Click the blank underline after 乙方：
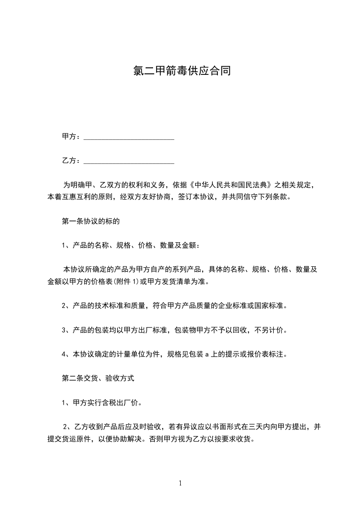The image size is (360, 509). click(x=129, y=161)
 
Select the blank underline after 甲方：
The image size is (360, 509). click(x=129, y=137)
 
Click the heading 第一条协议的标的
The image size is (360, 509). click(x=90, y=222)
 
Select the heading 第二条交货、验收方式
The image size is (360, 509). click(x=98, y=377)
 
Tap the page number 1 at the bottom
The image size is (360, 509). click(x=180, y=483)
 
